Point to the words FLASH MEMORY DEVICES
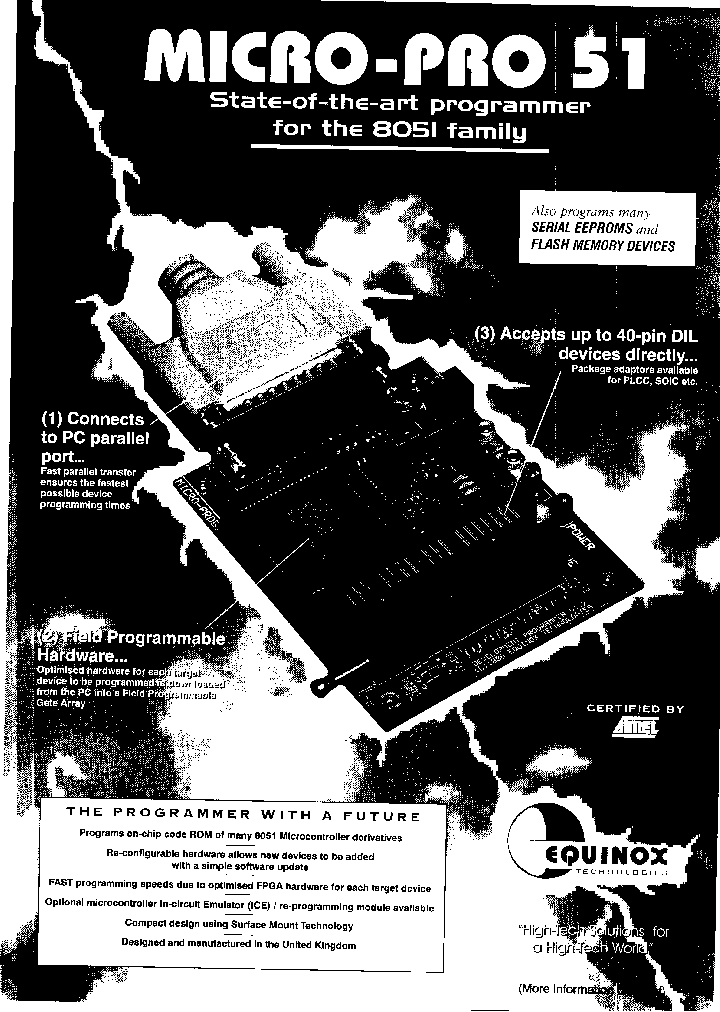point(602,246)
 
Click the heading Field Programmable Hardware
point(130,646)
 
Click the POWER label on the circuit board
point(579,539)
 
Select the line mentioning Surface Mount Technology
point(239,925)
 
